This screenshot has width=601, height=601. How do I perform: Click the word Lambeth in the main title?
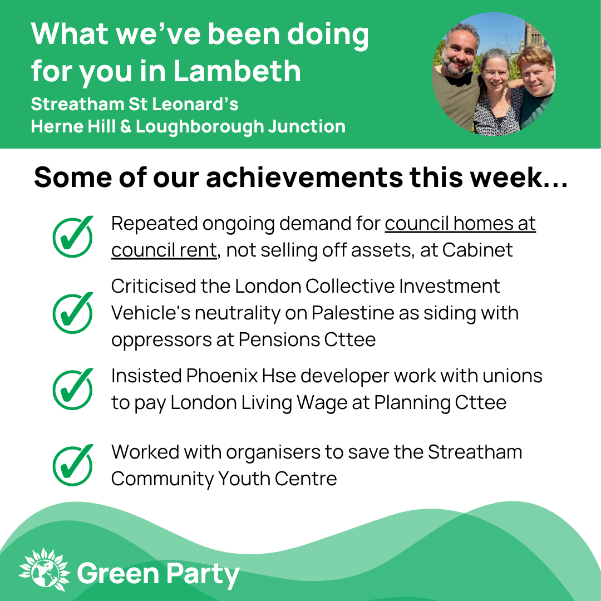(x=237, y=71)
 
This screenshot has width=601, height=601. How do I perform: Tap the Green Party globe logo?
(x=45, y=570)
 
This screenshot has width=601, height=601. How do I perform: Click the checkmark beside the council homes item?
(x=73, y=237)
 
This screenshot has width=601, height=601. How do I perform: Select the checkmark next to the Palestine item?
(x=73, y=313)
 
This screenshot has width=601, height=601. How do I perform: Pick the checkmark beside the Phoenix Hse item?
(x=73, y=389)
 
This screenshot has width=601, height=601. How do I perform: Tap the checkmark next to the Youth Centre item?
(x=73, y=465)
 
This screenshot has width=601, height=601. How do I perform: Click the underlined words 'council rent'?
(x=164, y=250)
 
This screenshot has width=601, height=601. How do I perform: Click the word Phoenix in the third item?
(x=222, y=376)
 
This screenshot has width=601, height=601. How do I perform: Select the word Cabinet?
(x=477, y=250)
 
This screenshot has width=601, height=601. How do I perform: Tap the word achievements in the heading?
(x=304, y=177)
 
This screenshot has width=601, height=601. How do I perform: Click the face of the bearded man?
(x=459, y=53)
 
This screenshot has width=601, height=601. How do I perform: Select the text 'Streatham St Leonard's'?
(x=135, y=104)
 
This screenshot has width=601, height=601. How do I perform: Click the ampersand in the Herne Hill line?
(x=126, y=126)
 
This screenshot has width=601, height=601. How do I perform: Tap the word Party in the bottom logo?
(x=203, y=574)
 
